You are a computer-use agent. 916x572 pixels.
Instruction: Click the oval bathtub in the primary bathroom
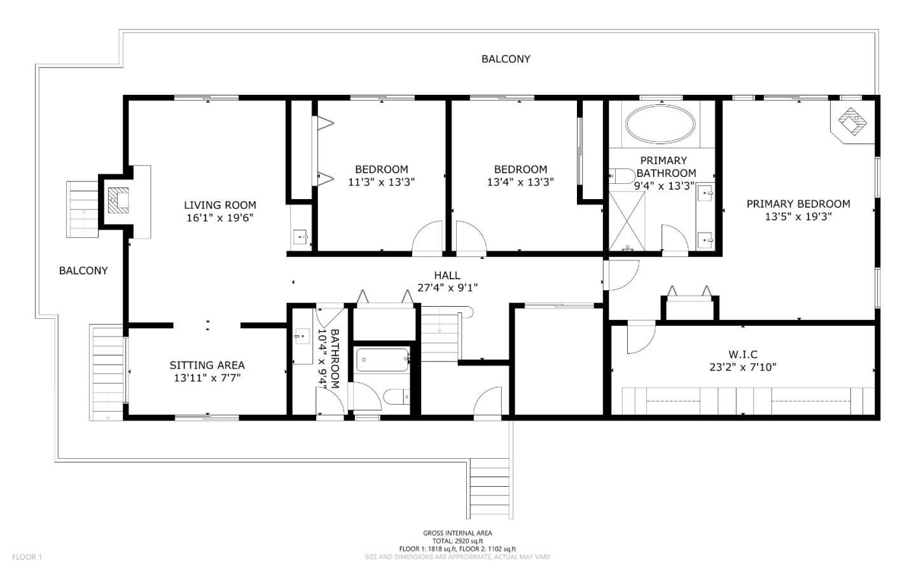coord(660,124)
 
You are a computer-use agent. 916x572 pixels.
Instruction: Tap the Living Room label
coord(220,205)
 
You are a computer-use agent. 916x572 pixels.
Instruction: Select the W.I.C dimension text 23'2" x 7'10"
coord(742,367)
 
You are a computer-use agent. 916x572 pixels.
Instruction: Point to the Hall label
coord(447,276)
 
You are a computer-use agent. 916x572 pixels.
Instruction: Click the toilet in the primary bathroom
coord(621,176)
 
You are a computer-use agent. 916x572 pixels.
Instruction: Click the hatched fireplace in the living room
coord(118,200)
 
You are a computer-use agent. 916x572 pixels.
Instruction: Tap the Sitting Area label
coord(207,365)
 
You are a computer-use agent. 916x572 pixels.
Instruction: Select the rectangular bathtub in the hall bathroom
coord(382,359)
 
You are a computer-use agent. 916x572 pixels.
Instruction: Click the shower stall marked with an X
coord(627,221)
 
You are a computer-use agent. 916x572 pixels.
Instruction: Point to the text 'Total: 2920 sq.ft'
coord(457,541)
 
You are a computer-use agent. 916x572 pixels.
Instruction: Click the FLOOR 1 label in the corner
coord(27,557)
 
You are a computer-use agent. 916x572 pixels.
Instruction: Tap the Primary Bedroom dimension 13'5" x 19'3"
coord(798,216)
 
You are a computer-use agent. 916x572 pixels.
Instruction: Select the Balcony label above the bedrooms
coord(506,59)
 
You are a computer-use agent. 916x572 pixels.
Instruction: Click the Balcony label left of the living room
coord(83,270)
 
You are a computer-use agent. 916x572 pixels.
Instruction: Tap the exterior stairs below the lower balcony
coord(490,489)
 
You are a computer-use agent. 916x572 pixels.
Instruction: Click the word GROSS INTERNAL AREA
coord(457,533)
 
